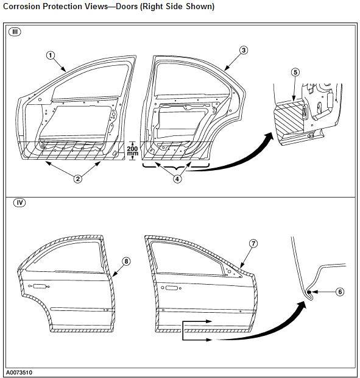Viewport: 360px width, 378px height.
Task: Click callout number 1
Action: pos(51,55)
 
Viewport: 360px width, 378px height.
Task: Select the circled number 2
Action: pos(77,179)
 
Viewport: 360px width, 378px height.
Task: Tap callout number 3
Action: pos(244,51)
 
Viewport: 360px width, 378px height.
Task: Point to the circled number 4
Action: pos(177,179)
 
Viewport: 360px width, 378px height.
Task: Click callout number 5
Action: pos(295,73)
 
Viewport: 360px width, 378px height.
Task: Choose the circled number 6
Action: pos(340,291)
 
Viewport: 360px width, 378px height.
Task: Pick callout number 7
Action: pos(253,243)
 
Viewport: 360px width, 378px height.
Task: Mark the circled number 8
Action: pos(126,262)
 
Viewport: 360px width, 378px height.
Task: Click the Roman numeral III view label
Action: pos(15,32)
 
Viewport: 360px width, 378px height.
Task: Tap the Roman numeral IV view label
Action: pos(19,203)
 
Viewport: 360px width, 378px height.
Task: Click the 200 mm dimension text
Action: pos(132,151)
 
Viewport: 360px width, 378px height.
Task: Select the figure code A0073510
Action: pos(19,373)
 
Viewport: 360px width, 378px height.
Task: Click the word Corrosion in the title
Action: pos(22,6)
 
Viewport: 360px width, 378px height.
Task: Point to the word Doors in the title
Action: pos(127,6)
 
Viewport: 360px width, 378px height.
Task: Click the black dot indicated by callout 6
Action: pos(309,292)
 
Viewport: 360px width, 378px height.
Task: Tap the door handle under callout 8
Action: pos(39,287)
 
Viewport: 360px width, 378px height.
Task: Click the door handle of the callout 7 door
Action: pos(171,288)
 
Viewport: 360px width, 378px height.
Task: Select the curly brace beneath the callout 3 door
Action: pos(176,166)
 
